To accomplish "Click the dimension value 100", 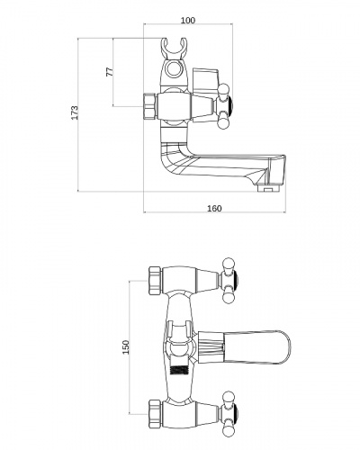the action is pyautogui.click(x=188, y=21).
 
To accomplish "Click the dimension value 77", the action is pyautogui.click(x=110, y=71).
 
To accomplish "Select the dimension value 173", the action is pyautogui.click(x=75, y=112).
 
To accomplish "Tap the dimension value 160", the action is pyautogui.click(x=214, y=208).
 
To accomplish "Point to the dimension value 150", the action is pyautogui.click(x=126, y=347).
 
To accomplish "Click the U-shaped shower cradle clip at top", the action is pyautogui.click(x=174, y=49).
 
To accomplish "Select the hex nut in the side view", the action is pyautogui.click(x=150, y=106).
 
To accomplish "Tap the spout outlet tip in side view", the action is pyautogui.click(x=269, y=189).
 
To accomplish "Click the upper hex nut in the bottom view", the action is pyautogui.click(x=156, y=281).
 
